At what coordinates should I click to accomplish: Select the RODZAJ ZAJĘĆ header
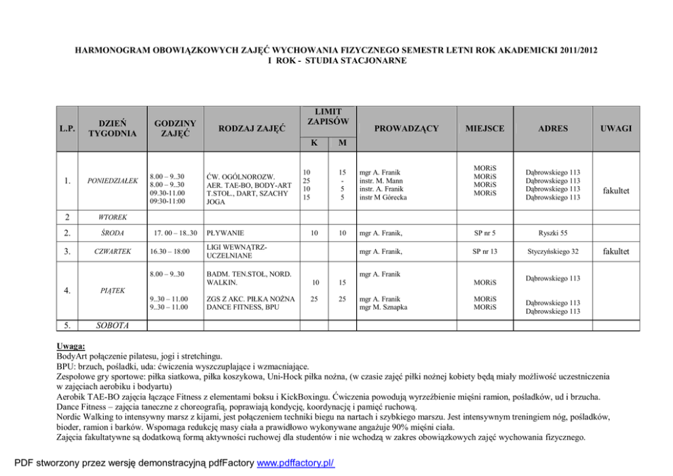[x=251, y=128]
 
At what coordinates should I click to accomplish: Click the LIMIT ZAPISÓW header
[x=328, y=116]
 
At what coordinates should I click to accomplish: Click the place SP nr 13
[x=485, y=252]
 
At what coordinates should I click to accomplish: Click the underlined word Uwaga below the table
[x=71, y=347]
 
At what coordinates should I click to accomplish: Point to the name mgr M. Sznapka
[x=383, y=308]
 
